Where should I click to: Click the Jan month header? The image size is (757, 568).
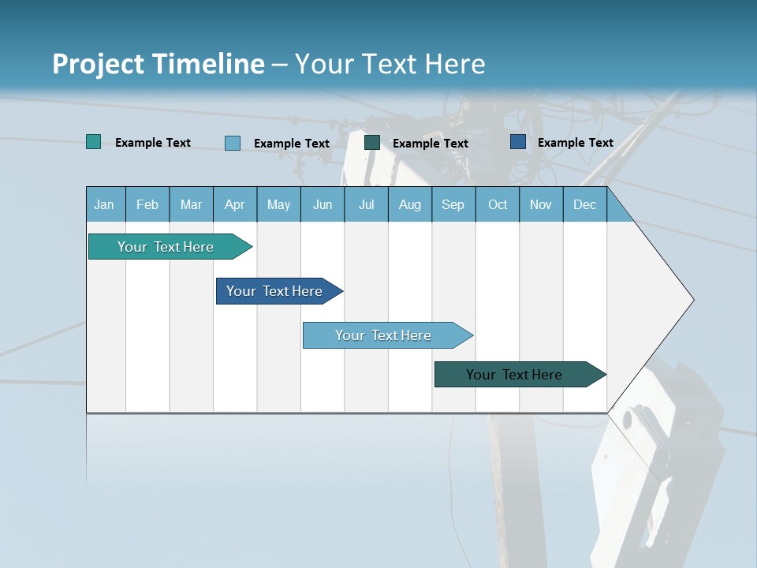tap(105, 204)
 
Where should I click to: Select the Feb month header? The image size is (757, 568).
tap(147, 204)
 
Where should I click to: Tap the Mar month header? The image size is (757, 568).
tap(191, 204)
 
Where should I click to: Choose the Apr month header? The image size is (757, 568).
tap(235, 204)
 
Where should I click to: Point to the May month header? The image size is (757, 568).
tap(278, 204)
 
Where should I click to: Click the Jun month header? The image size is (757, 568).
tap(323, 204)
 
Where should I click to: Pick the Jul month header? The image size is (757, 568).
tap(366, 204)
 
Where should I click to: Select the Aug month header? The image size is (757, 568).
tap(410, 204)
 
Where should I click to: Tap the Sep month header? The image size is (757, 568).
tap(453, 204)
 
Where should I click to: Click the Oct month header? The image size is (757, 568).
tap(498, 204)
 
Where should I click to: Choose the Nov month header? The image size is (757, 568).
tap(541, 204)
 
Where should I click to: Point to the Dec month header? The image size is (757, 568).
tap(585, 204)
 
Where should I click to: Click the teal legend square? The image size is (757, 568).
tap(93, 142)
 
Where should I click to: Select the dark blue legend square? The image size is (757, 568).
tap(518, 142)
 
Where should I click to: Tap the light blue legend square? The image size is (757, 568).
tap(233, 143)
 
